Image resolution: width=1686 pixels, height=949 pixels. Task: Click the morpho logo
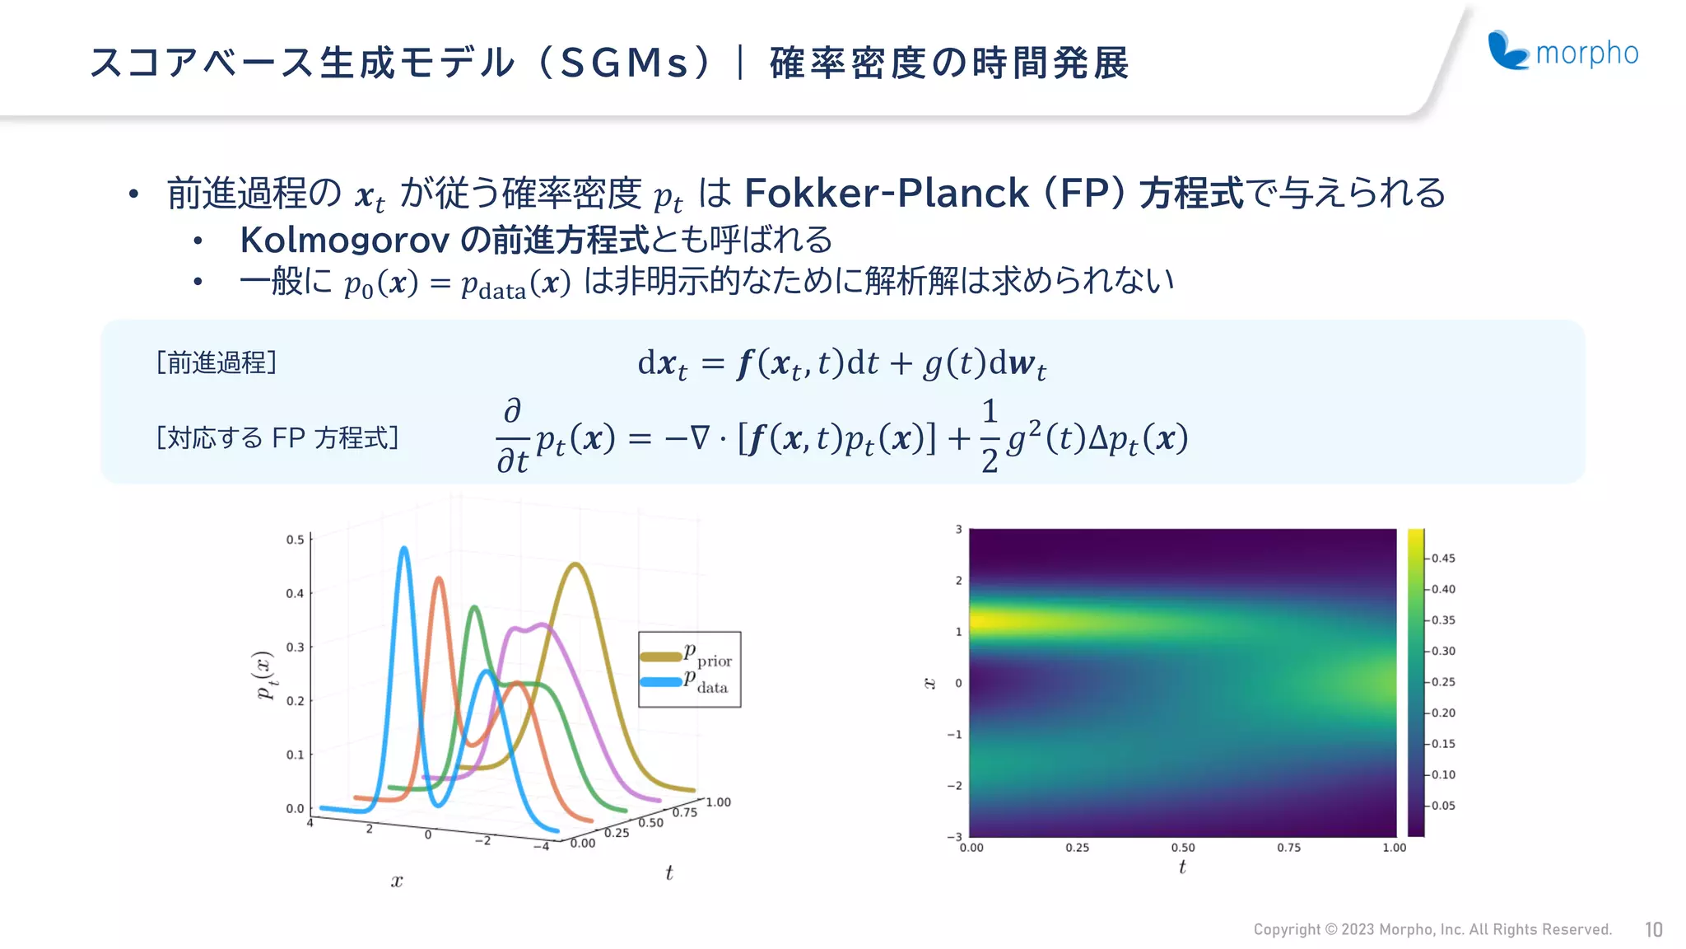coord(1563,51)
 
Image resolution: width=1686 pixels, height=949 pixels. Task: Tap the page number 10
coord(1653,930)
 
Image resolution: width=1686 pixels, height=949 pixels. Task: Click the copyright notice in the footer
coord(1432,930)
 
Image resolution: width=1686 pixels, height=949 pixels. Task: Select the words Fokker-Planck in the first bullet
coord(886,194)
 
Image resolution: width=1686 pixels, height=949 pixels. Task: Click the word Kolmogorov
coord(344,241)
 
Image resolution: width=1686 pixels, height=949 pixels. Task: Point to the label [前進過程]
coord(217,362)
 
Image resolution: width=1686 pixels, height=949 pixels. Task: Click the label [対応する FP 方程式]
coord(277,437)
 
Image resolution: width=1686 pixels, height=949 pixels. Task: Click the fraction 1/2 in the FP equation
coord(990,436)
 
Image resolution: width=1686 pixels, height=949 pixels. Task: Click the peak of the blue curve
coord(403,549)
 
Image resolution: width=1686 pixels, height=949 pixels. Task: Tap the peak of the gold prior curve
coord(576,565)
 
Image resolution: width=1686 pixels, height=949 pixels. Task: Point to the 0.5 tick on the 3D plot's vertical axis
coord(295,540)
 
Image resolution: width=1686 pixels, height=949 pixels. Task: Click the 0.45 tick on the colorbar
coord(1442,559)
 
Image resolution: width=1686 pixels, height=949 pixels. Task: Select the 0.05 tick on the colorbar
coord(1442,806)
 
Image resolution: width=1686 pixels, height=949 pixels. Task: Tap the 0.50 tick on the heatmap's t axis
coord(1183,848)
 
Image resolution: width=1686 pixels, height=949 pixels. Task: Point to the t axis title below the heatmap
coord(1182,867)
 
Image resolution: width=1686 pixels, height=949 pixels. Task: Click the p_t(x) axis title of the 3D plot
coord(264,675)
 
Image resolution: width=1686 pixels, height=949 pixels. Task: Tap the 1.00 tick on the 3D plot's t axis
coord(718,802)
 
